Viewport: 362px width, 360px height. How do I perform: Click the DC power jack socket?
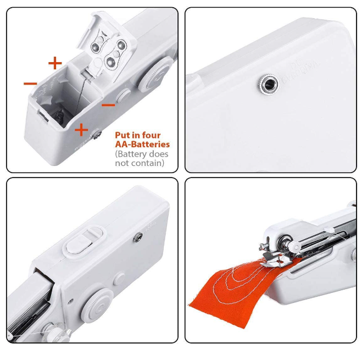[268, 85]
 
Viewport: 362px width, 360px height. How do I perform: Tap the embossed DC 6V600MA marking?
[299, 71]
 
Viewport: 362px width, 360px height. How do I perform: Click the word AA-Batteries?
[142, 144]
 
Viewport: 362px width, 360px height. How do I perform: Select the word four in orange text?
[151, 135]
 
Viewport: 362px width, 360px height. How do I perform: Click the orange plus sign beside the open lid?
[55, 63]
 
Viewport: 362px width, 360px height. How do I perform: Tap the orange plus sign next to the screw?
[81, 129]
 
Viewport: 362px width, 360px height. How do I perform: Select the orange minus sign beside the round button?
[108, 105]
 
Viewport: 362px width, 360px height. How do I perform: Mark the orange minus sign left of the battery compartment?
[30, 84]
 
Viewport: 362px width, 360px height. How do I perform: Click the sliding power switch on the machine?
[85, 242]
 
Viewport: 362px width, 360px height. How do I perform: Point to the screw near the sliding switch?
[138, 237]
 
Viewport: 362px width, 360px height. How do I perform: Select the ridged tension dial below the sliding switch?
[97, 305]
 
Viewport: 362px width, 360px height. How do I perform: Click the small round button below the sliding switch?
[119, 279]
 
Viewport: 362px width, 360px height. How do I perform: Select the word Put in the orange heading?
[122, 135]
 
